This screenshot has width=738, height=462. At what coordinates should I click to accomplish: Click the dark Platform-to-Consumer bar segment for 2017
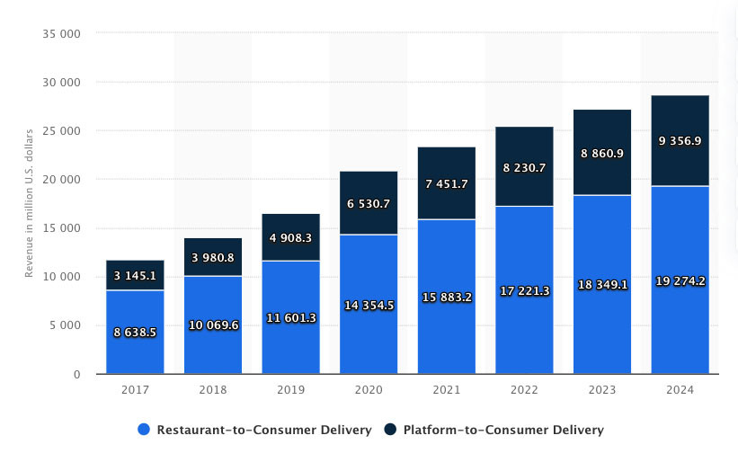[x=135, y=266]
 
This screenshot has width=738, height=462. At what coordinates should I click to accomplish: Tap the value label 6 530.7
[x=369, y=204]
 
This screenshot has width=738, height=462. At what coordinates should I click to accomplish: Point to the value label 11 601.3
[x=290, y=317]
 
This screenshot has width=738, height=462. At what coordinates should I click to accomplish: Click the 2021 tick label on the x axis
[x=447, y=391]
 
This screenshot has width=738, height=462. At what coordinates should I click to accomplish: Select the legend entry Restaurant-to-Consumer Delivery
[x=263, y=430]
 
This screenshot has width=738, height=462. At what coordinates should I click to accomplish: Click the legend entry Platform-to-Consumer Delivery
[x=503, y=430]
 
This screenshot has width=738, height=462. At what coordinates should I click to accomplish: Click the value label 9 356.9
[x=680, y=141]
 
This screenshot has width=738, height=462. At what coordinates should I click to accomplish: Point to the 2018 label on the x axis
[x=213, y=391]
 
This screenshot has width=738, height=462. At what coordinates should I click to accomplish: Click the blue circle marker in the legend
[x=144, y=430]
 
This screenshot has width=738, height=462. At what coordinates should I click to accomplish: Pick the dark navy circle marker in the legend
[x=391, y=430]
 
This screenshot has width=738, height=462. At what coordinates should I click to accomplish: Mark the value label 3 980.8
[x=213, y=257]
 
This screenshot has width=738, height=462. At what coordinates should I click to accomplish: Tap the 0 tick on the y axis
[x=76, y=374]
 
